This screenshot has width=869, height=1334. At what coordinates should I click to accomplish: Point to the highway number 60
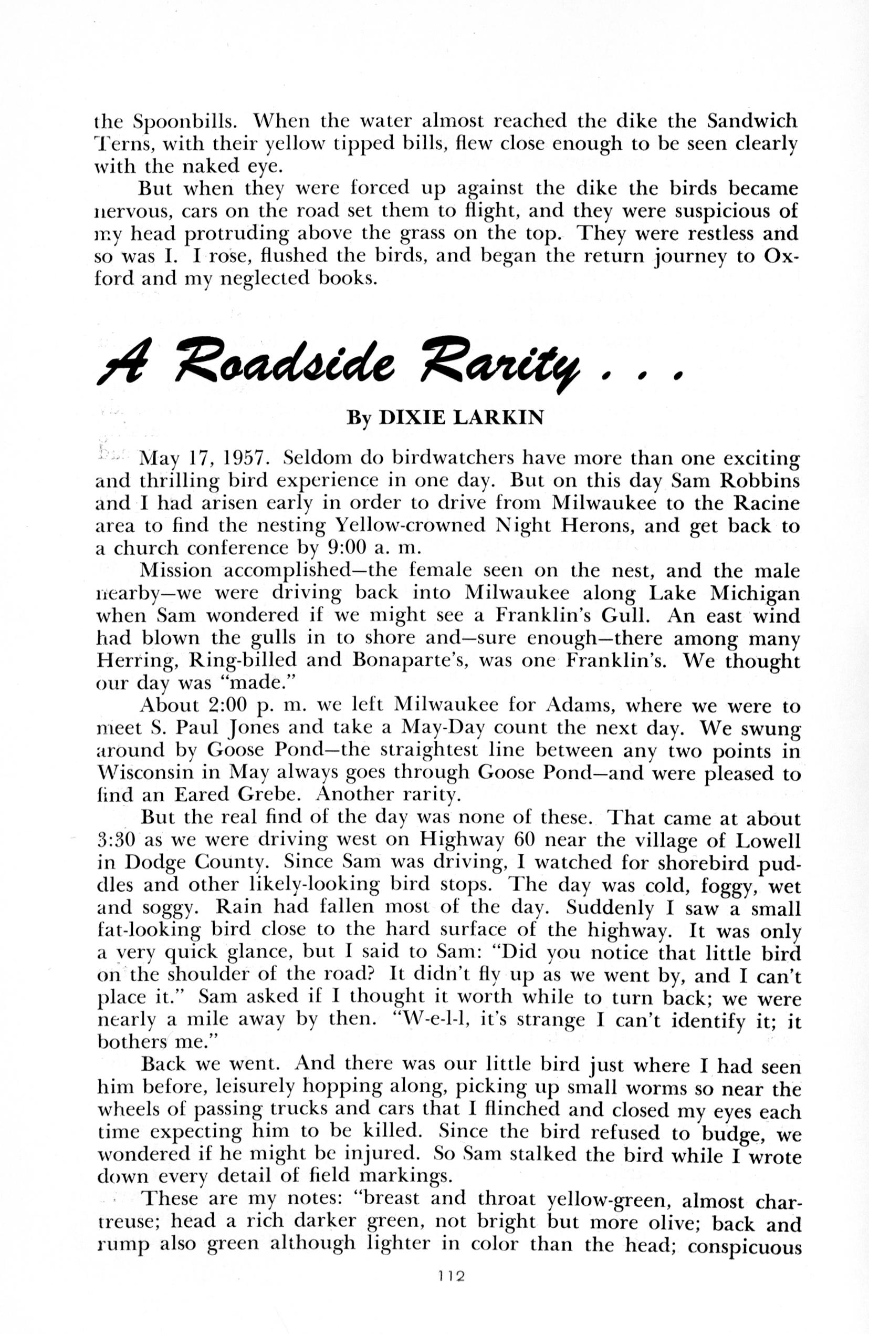[525, 840]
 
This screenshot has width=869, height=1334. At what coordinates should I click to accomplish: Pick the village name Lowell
[767, 840]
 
